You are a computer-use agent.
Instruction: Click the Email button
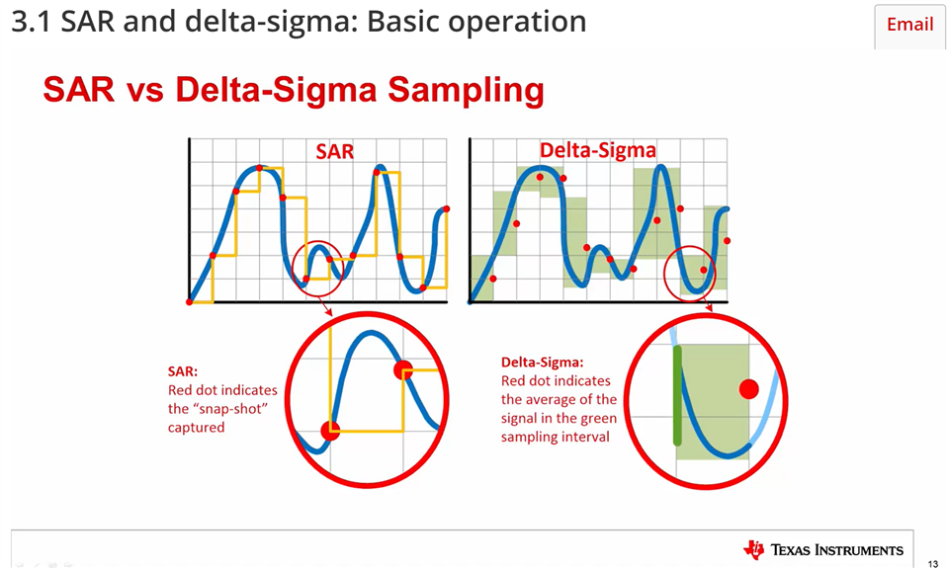[x=909, y=25]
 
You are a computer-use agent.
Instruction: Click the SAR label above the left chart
[x=334, y=151]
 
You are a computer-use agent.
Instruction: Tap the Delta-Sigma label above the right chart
[x=597, y=151]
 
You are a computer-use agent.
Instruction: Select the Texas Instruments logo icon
[x=754, y=549]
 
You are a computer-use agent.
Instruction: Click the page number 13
[x=932, y=563]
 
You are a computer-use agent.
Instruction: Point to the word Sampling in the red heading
[x=465, y=90]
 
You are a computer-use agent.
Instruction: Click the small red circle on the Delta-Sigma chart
[x=690, y=273]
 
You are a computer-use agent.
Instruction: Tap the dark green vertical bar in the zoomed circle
[x=678, y=395]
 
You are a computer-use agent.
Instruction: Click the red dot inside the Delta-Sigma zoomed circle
[x=748, y=389]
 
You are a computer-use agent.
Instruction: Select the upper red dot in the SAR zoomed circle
[x=402, y=369]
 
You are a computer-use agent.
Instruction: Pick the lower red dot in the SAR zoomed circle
[x=330, y=430]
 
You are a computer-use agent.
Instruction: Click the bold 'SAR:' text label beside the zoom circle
[x=183, y=371]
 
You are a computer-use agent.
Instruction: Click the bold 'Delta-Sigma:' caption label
[x=542, y=362]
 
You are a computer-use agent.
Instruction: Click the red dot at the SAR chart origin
[x=190, y=301]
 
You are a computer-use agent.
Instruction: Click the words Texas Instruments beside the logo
[x=836, y=550]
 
